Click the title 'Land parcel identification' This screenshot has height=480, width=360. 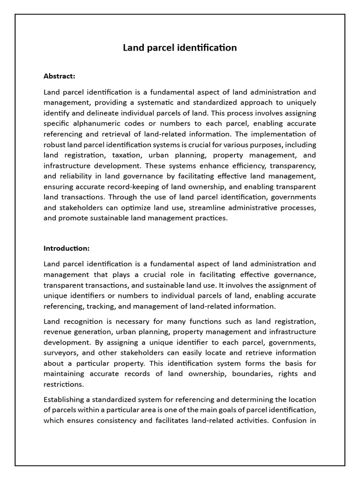click(180, 48)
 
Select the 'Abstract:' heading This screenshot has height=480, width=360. click(59, 76)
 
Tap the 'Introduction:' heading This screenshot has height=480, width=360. click(66, 248)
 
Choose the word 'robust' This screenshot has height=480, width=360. click(56, 145)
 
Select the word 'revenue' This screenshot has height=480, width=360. click(58, 332)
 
